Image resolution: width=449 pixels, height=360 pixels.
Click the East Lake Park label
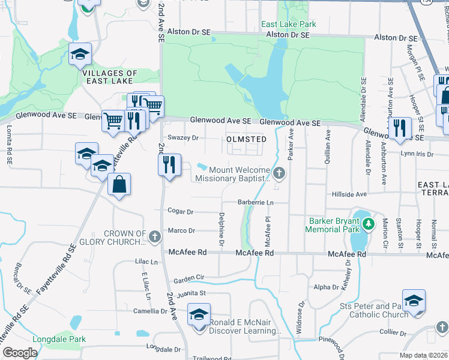pos(288,25)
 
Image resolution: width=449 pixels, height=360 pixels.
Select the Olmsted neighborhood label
pos(246,139)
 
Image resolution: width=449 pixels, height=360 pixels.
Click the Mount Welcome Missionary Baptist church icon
pos(279,174)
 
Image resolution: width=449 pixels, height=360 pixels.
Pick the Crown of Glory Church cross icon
pos(154,235)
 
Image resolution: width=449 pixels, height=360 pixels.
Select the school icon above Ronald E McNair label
pos(199,314)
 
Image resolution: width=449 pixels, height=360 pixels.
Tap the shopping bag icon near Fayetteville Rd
pos(119,185)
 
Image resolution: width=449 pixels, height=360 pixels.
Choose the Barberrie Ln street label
pos(255,203)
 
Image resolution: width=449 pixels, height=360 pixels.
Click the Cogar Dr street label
pos(181,212)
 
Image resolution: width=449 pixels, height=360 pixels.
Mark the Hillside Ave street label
pos(349,195)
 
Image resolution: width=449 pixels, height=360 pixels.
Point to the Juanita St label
pos(191,293)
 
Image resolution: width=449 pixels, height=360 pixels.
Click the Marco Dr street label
pos(182,230)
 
